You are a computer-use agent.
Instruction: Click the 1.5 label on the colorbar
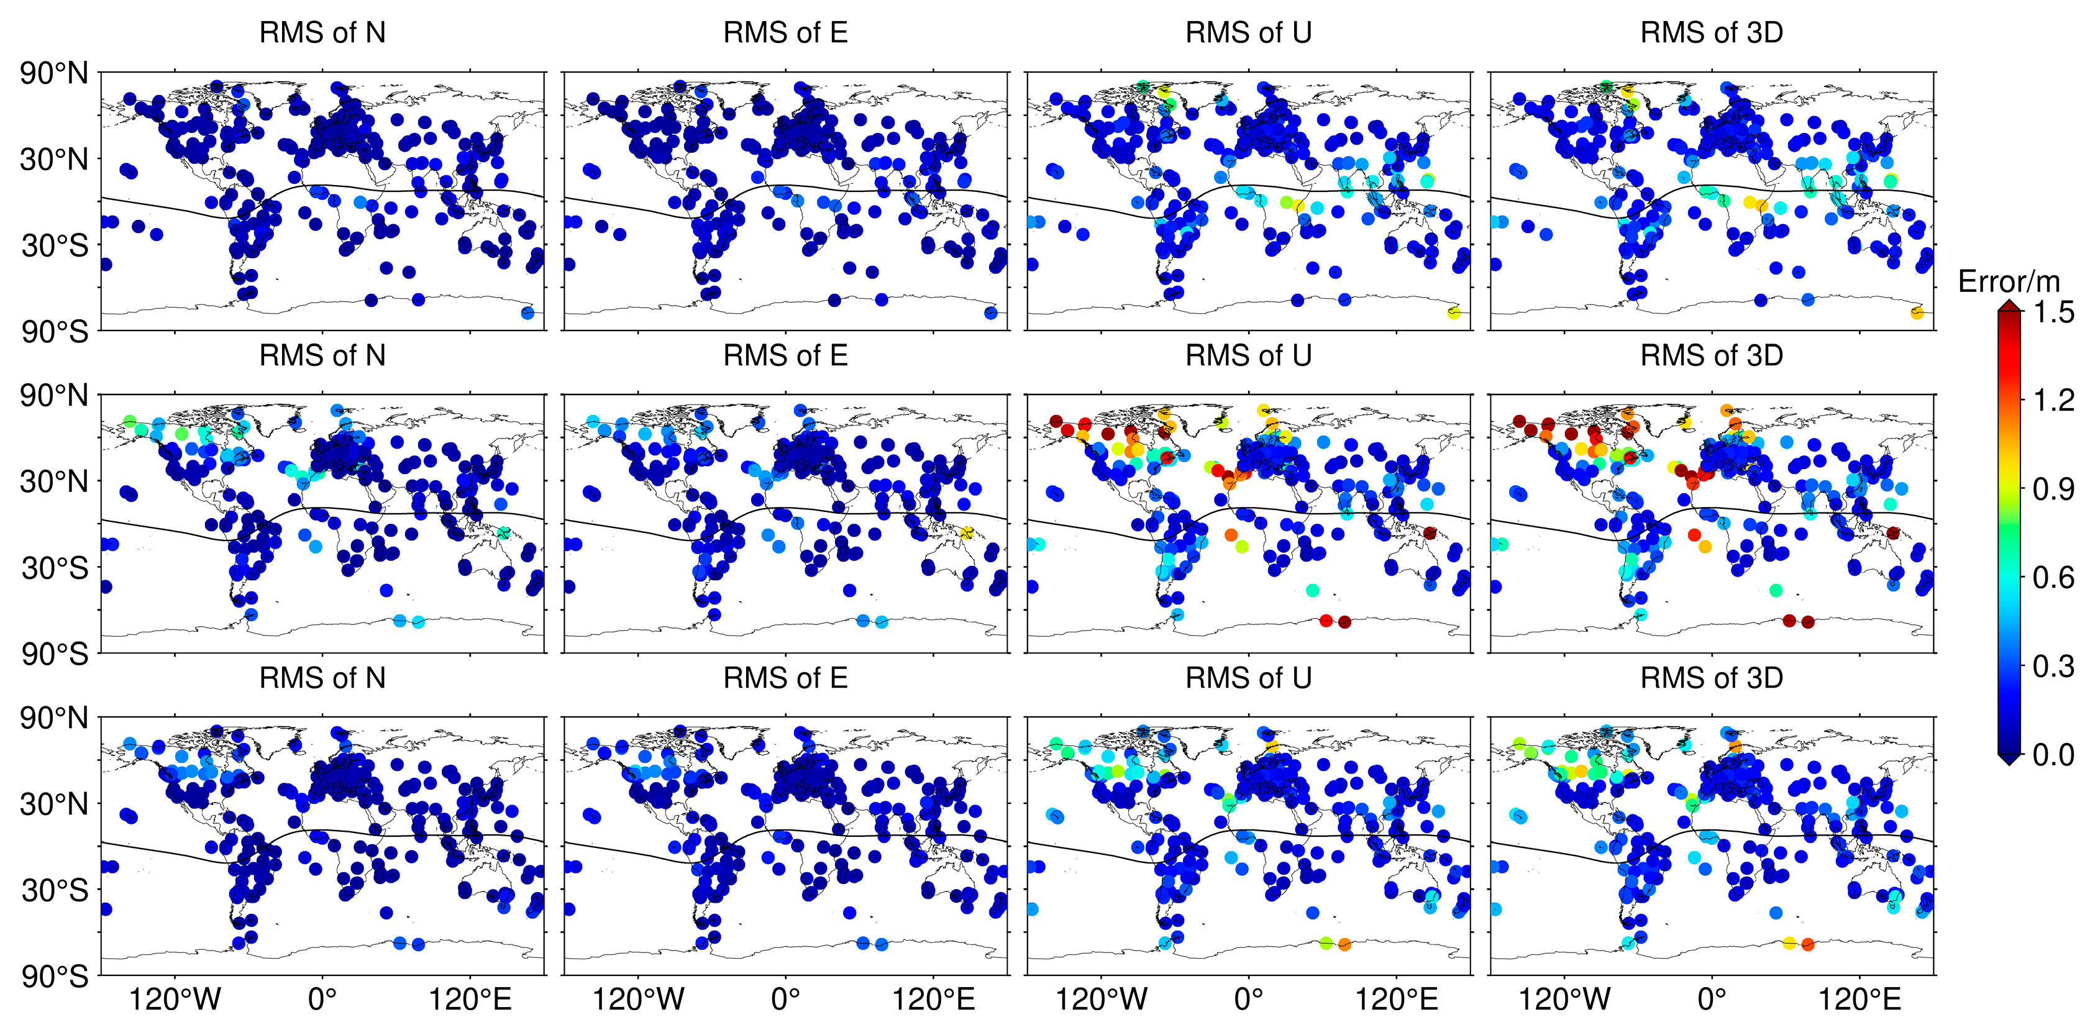[2053, 312]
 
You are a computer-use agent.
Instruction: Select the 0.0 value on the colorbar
[2053, 755]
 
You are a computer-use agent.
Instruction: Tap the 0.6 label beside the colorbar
[2053, 578]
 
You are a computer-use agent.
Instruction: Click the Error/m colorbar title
[2009, 281]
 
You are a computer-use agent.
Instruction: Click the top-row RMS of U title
[1249, 32]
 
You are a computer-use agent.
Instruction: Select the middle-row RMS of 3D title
[1712, 355]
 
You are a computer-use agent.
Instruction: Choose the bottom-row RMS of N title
[322, 678]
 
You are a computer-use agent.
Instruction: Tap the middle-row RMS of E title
[785, 355]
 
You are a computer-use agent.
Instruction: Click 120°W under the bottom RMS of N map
[175, 999]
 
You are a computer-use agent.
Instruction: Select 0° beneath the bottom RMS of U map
[1249, 999]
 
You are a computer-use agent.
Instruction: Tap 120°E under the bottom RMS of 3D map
[1860, 999]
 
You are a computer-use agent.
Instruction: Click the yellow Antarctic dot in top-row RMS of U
[1454, 313]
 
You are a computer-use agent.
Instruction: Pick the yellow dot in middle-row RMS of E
[966, 533]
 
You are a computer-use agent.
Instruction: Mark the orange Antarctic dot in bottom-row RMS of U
[1344, 945]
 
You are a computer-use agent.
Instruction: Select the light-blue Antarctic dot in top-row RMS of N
[527, 313]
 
